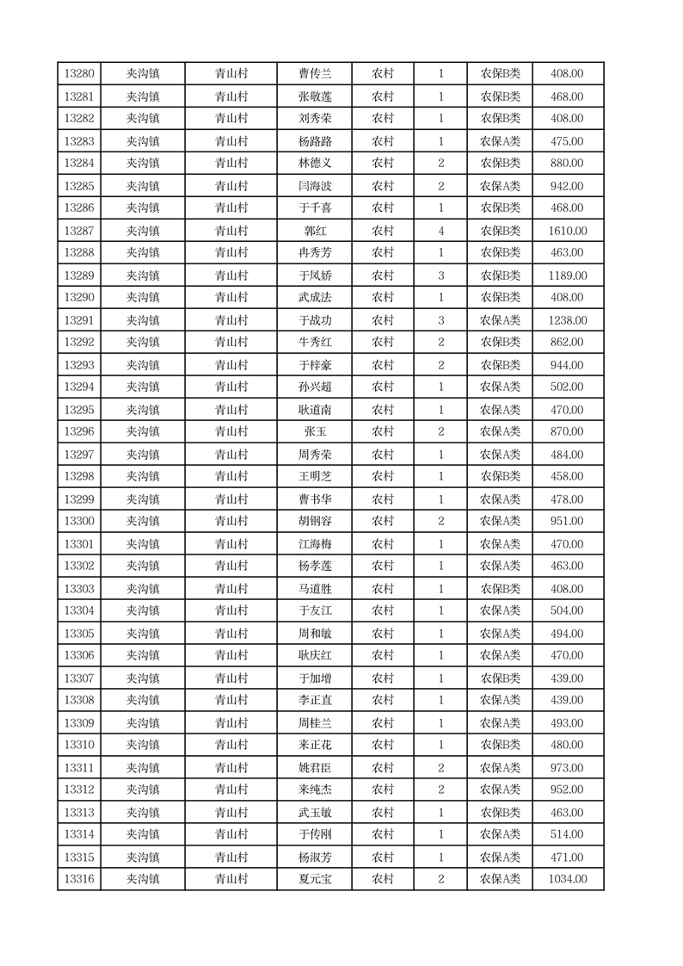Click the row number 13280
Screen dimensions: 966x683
pyautogui.click(x=79, y=74)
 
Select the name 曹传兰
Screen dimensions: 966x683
pyautogui.click(x=314, y=74)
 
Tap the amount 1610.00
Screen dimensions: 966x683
pyautogui.click(x=568, y=231)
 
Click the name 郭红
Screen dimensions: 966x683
pyautogui.click(x=314, y=231)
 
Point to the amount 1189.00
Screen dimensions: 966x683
pyautogui.click(x=568, y=276)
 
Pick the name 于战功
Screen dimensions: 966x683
pyautogui.click(x=314, y=320)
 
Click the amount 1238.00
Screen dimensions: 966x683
pyautogui.click(x=568, y=320)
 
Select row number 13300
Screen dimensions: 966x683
pyautogui.click(x=79, y=521)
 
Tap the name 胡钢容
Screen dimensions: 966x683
pyautogui.click(x=314, y=521)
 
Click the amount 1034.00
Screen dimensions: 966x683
pyautogui.click(x=568, y=879)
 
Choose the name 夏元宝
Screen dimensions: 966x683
pyautogui.click(x=314, y=879)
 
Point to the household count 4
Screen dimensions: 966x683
pyautogui.click(x=440, y=231)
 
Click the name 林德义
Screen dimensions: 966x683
pyautogui.click(x=314, y=164)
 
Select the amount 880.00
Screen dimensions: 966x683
pyautogui.click(x=568, y=164)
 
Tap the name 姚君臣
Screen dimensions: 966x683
pyautogui.click(x=314, y=768)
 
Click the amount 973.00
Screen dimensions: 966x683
pyautogui.click(x=568, y=768)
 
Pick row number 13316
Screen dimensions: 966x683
pyautogui.click(x=79, y=879)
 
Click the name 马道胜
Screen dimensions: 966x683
pyautogui.click(x=314, y=589)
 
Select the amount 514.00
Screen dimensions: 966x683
pyautogui.click(x=568, y=834)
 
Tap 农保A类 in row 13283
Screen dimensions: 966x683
pyautogui.click(x=500, y=141)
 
